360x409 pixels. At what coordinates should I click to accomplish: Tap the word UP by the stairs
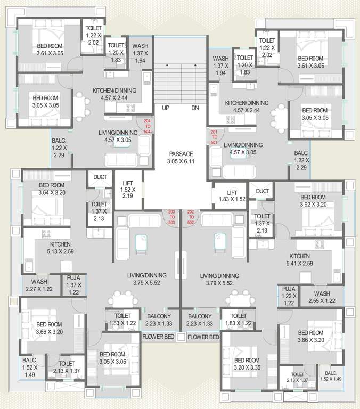(166, 108)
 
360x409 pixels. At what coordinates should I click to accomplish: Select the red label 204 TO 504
(147, 126)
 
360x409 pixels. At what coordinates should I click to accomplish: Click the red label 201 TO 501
(214, 137)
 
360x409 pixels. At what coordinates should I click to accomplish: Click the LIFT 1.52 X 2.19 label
(127, 189)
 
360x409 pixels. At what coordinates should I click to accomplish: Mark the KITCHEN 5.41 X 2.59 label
(299, 259)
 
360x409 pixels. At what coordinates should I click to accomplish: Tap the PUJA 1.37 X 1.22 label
(73, 285)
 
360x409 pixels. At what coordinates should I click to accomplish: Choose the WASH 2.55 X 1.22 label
(322, 297)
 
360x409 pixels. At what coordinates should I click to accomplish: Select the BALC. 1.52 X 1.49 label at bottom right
(331, 375)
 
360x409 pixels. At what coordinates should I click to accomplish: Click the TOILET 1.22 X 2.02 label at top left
(93, 35)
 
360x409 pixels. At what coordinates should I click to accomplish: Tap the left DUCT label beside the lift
(100, 177)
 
